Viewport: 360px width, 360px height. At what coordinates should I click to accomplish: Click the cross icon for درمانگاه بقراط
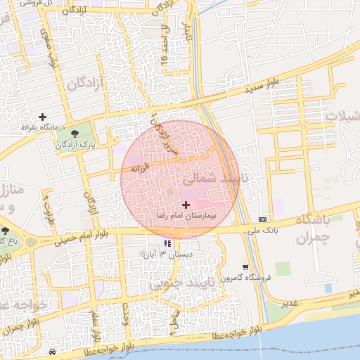click(x=43, y=116)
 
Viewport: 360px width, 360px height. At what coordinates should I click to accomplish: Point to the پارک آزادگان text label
click(x=77, y=145)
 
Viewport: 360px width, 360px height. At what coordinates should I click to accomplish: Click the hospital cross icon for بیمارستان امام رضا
click(x=186, y=205)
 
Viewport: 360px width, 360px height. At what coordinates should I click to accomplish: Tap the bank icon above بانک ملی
click(x=263, y=219)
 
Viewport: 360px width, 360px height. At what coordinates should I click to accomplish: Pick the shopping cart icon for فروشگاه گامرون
click(x=245, y=267)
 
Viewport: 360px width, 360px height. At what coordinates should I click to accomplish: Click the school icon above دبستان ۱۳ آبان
click(x=167, y=244)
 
